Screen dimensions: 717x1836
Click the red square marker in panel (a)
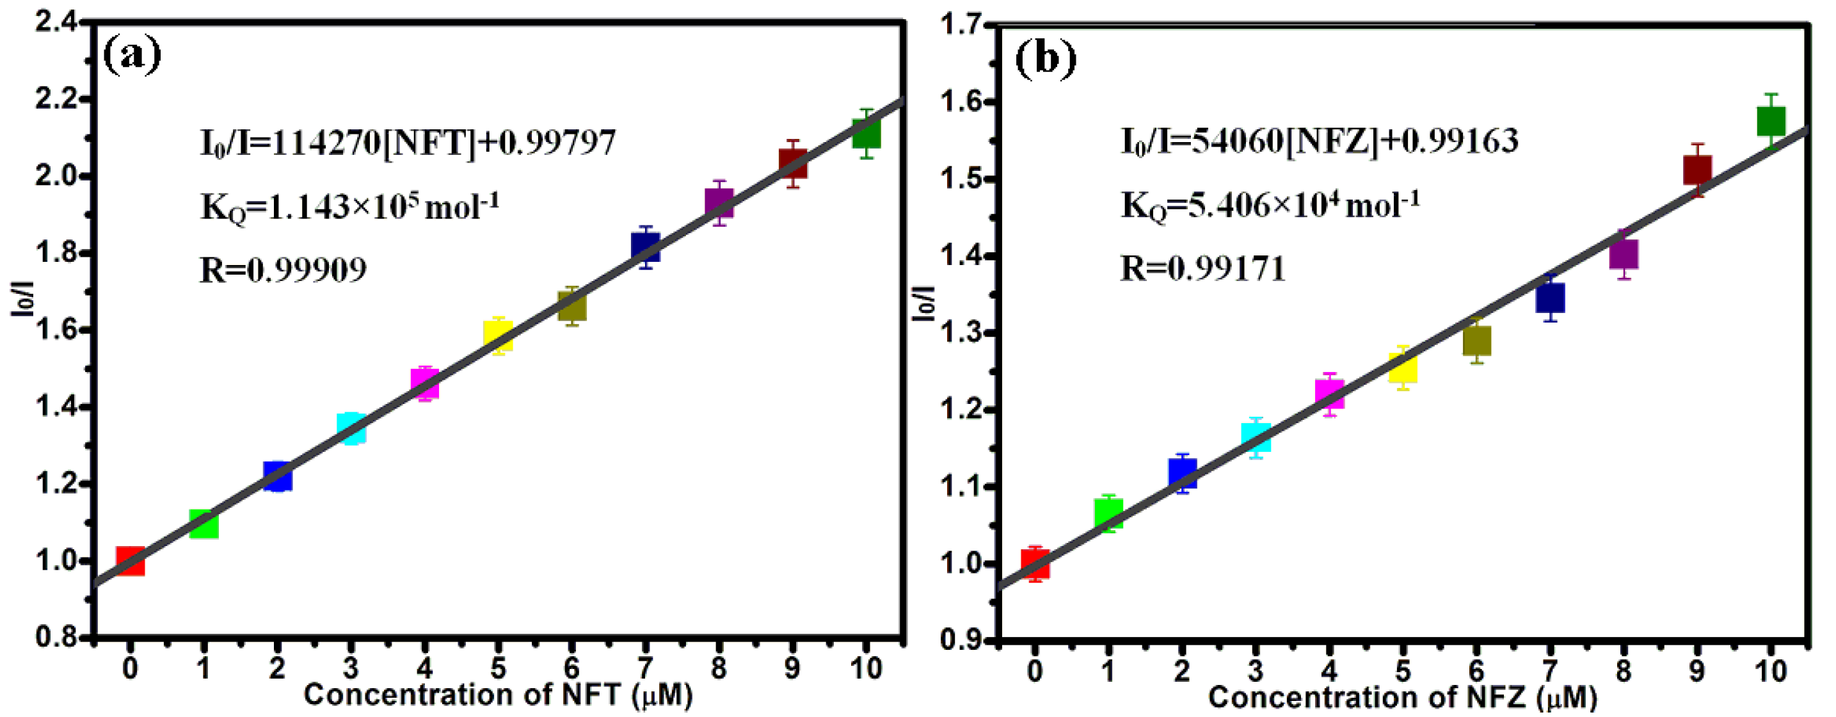point(131,561)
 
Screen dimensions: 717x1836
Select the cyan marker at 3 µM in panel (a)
point(351,428)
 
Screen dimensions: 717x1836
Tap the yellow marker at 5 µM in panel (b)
point(1403,367)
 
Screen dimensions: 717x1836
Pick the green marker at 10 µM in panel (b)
point(1771,121)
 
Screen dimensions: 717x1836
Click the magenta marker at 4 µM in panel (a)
point(425,383)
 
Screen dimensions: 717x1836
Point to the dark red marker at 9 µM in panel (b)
point(1697,170)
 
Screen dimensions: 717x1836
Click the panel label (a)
point(132,55)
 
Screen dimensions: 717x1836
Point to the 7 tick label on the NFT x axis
point(645,668)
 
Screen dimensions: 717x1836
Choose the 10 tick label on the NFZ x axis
point(1771,671)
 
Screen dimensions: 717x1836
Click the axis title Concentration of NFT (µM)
point(497,695)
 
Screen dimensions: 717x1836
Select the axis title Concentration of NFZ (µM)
point(1402,698)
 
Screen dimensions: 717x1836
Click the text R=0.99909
point(283,270)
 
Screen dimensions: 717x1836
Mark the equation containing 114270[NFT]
point(408,143)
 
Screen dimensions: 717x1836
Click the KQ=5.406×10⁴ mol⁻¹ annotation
point(1270,206)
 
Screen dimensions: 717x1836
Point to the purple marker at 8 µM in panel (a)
point(719,203)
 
